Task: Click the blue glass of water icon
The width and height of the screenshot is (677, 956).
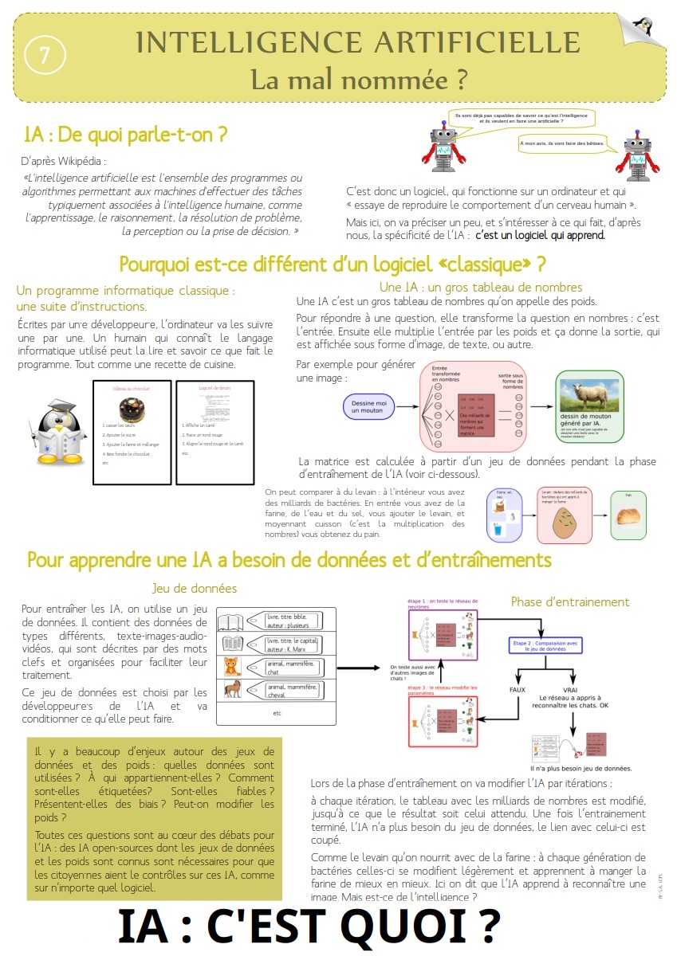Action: tap(498, 529)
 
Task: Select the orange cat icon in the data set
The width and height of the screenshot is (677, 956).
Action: tap(231, 666)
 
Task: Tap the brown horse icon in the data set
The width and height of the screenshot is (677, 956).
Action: tap(231, 688)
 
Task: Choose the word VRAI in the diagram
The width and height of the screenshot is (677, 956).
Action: tap(570, 689)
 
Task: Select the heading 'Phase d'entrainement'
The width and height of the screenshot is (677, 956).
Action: tap(569, 601)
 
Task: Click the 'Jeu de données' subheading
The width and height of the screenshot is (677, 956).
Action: tap(195, 589)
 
